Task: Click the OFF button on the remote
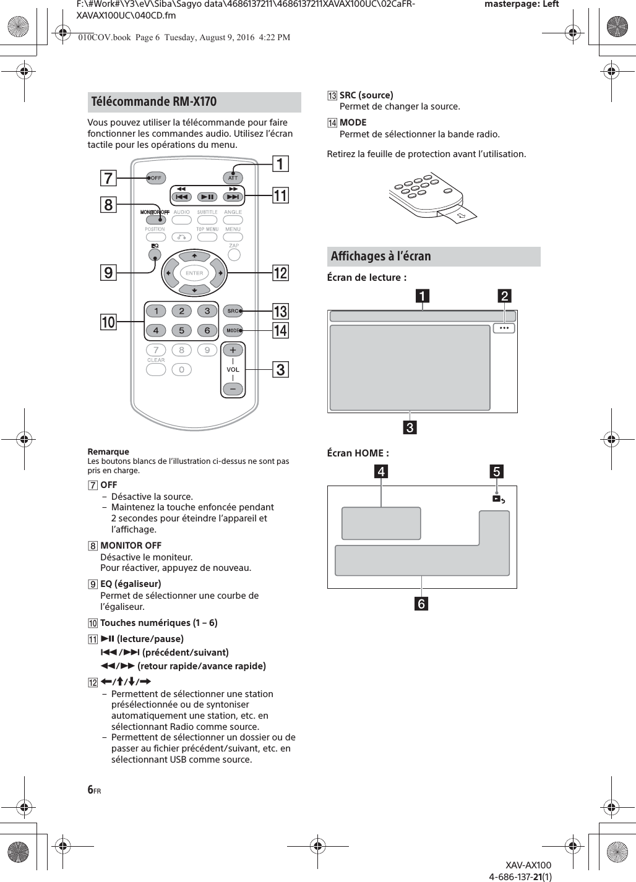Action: pyautogui.click(x=155, y=178)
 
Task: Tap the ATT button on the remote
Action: pyautogui.click(x=233, y=178)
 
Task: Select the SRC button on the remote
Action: pyautogui.click(x=233, y=310)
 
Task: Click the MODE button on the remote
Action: pyautogui.click(x=233, y=330)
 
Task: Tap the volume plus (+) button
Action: pyautogui.click(x=233, y=351)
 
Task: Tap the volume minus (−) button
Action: pyautogui.click(x=233, y=389)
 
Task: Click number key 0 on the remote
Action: pyautogui.click(x=181, y=369)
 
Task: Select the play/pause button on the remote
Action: pyautogui.click(x=207, y=197)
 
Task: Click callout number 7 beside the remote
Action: pyautogui.click(x=108, y=178)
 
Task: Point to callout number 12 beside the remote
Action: pyautogui.click(x=280, y=272)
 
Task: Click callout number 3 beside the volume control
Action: pyautogui.click(x=280, y=370)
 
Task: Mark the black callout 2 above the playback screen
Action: pyautogui.click(x=505, y=296)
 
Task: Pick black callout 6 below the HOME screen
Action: pyautogui.click(x=421, y=603)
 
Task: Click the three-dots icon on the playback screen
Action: pyautogui.click(x=504, y=328)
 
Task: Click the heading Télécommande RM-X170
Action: pyautogui.click(x=153, y=101)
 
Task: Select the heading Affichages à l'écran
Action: pyautogui.click(x=380, y=256)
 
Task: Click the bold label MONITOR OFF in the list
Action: pyautogui.click(x=131, y=546)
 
